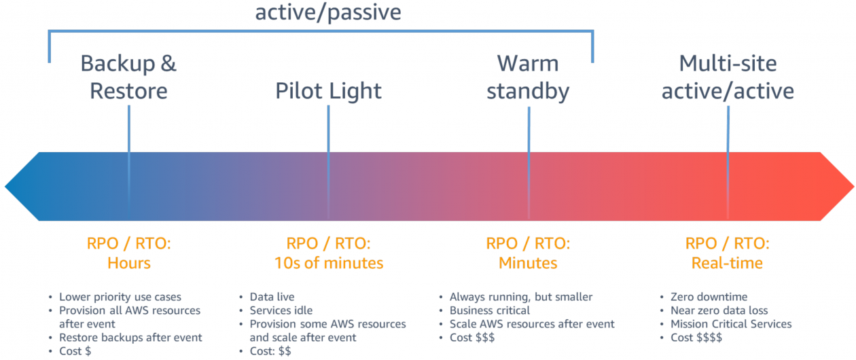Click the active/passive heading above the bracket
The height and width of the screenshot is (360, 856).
[328, 12]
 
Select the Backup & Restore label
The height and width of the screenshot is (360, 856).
[128, 77]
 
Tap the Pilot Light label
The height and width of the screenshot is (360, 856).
[328, 90]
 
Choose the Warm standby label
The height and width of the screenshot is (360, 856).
[528, 77]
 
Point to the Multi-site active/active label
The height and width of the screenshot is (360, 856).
[728, 77]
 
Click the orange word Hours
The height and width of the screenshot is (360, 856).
[128, 263]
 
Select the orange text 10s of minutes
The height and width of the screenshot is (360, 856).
[328, 263]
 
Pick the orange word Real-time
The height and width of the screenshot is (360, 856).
[727, 263]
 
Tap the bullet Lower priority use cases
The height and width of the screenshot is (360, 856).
[120, 297]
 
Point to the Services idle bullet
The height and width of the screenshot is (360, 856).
[281, 310]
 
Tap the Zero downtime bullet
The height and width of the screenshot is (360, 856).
[709, 297]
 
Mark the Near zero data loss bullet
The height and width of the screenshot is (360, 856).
[719, 310]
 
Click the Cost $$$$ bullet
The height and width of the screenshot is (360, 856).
[696, 338]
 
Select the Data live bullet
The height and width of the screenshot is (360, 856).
[272, 297]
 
